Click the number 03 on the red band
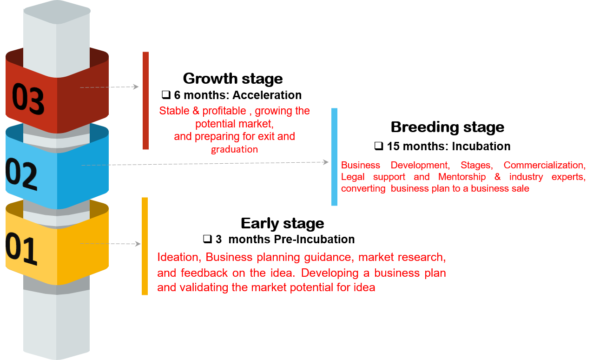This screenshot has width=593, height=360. [x=28, y=99]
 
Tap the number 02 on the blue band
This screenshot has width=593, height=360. [x=21, y=173]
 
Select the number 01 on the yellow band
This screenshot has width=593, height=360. [x=21, y=251]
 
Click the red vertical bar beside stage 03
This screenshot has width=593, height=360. [x=145, y=100]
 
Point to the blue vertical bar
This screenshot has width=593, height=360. [x=334, y=157]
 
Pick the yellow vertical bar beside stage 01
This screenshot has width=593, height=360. [x=145, y=246]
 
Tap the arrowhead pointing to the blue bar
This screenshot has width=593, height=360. [x=326, y=162]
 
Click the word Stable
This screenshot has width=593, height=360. [x=174, y=111]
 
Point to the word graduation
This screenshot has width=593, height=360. [x=234, y=150]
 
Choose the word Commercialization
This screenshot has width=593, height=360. [x=544, y=165]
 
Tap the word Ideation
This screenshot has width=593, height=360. [x=179, y=257]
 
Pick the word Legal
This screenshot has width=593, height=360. [x=353, y=177]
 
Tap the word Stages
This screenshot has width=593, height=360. [x=476, y=165]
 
